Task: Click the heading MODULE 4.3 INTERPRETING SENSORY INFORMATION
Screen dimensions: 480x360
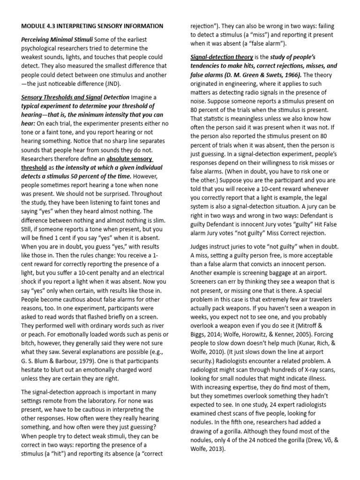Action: [92, 26]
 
